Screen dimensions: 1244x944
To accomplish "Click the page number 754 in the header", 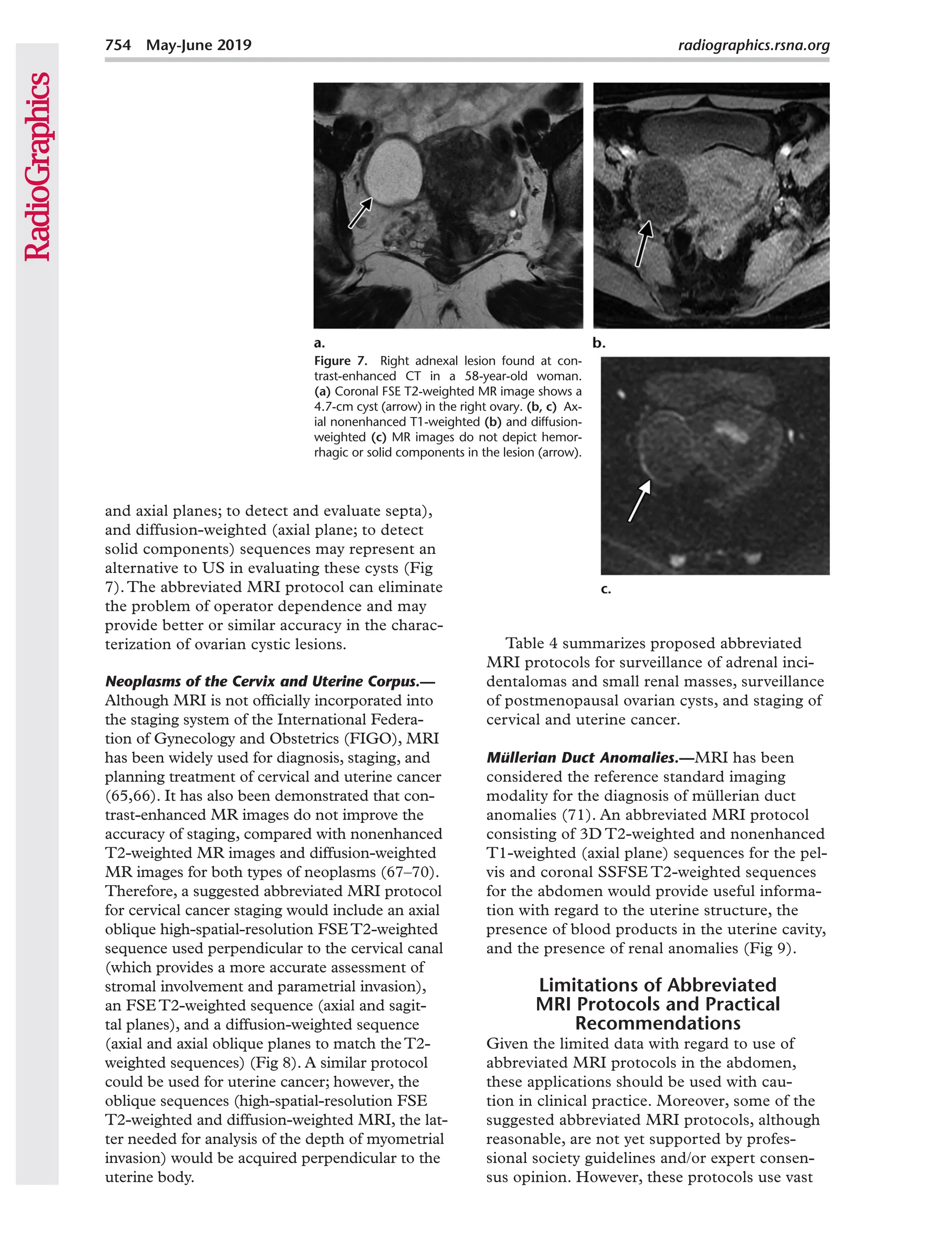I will click(x=118, y=45).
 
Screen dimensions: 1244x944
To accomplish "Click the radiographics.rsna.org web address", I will click(x=753, y=45).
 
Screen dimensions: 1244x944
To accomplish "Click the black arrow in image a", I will click(x=360, y=212).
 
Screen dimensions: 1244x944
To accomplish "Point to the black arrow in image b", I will click(x=643, y=243).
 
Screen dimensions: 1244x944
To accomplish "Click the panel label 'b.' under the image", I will click(x=599, y=343).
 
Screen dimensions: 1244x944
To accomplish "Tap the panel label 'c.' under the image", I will click(x=606, y=589).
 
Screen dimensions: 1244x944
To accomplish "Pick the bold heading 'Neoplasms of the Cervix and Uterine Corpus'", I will click(x=270, y=681).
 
